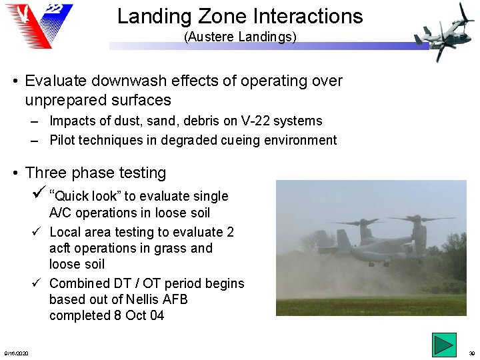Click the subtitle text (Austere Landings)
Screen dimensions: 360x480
pyautogui.click(x=240, y=37)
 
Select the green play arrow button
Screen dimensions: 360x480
pyautogui.click(x=443, y=345)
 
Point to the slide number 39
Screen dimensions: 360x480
pyautogui.click(x=472, y=353)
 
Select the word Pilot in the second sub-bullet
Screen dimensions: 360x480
pyautogui.click(x=65, y=141)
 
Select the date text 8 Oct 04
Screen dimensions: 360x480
pyautogui.click(x=139, y=315)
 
